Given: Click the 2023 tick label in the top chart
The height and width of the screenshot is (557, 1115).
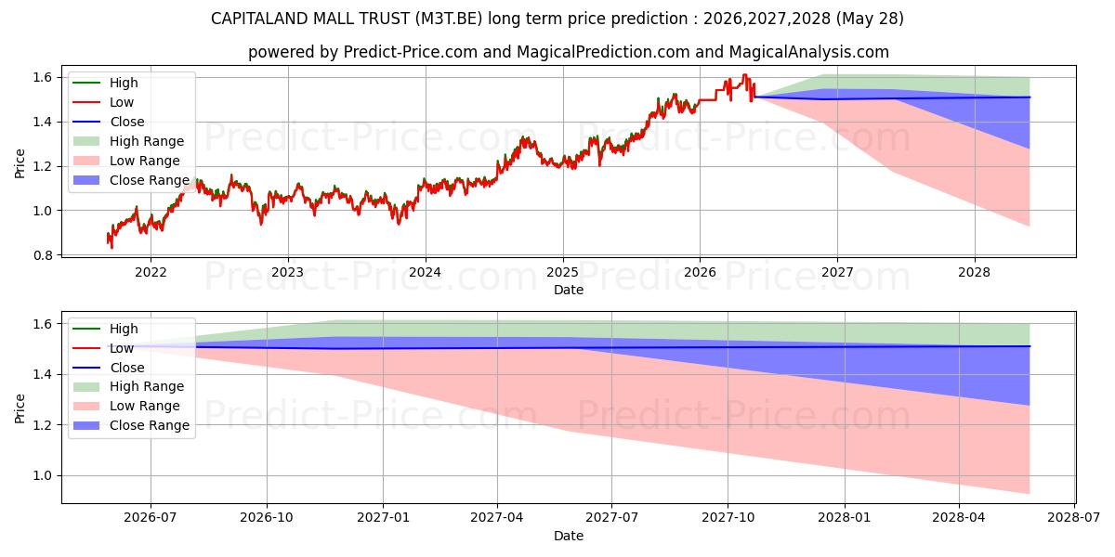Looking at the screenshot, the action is (288, 273).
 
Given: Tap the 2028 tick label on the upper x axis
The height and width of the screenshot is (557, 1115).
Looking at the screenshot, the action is (974, 273).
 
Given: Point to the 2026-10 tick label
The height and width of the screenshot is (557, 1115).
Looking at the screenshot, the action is (267, 518).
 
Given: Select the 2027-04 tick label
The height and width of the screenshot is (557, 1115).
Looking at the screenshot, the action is (497, 518).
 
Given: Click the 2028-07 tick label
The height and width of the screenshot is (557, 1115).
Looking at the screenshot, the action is (1074, 518).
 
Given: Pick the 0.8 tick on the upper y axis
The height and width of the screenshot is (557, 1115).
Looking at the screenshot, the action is (43, 255).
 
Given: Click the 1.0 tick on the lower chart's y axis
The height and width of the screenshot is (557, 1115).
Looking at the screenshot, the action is (43, 476).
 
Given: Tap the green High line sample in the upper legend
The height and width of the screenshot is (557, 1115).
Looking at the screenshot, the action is (86, 83).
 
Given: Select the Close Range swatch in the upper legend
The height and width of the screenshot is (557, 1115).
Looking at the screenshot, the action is (86, 180).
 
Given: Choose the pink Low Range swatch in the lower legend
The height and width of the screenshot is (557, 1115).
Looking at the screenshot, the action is (86, 407).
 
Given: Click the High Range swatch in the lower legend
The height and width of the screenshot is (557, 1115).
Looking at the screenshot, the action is (86, 387).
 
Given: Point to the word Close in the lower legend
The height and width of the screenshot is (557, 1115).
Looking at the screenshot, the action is (127, 368).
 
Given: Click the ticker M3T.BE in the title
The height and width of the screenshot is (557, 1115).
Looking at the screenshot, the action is (449, 19).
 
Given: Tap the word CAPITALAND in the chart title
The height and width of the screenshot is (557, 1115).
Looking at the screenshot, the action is (259, 19).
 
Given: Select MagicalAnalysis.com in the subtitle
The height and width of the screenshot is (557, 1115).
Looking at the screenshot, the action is (809, 52).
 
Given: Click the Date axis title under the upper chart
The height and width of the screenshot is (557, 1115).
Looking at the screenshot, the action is (569, 290).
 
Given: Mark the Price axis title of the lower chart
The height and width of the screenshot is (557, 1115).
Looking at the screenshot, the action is (20, 408).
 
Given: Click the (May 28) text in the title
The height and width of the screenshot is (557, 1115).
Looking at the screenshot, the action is (870, 19).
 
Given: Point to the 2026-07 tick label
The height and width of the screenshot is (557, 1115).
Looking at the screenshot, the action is (151, 518).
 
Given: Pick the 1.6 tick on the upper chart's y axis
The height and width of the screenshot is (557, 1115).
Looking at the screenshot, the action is (43, 78).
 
